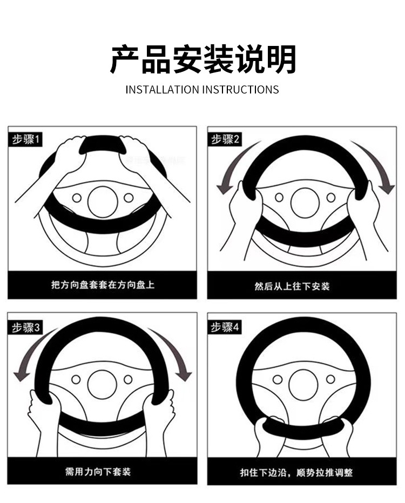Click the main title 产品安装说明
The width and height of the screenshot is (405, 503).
pos(202,59)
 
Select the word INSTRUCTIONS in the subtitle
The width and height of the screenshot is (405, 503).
pos(241,90)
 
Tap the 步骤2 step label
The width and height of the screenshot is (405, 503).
pos(226,139)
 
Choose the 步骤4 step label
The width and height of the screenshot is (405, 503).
pos(226,327)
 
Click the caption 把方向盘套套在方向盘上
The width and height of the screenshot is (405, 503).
pos(102,284)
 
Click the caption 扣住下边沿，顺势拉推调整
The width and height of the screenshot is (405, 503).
pos(296,472)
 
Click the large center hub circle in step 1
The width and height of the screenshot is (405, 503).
pos(103,202)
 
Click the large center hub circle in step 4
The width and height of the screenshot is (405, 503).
pos(303,385)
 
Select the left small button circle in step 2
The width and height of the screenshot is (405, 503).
pos(279,198)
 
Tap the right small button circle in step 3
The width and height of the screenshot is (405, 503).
pos(128,380)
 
